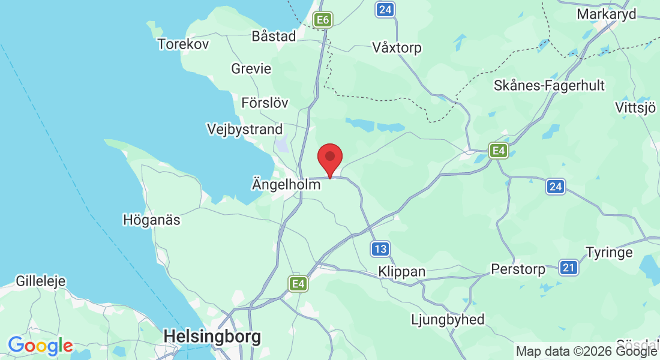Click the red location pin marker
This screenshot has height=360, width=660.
(329, 159)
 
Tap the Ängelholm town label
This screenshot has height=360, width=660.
(286, 185)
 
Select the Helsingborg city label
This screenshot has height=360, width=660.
(212, 337)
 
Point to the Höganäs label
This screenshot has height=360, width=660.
(151, 220)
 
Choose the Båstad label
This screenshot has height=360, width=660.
(274, 36)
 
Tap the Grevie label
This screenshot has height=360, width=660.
(251, 69)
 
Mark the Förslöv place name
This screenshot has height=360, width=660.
(265, 103)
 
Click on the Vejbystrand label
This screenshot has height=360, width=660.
(244, 129)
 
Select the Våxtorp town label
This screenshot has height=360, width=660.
(397, 47)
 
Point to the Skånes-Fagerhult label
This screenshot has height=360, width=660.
(549, 85)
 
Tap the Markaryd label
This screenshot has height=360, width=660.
(606, 14)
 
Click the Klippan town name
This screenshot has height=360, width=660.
(402, 272)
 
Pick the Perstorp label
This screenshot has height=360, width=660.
(518, 269)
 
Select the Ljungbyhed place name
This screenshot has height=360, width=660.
(448, 319)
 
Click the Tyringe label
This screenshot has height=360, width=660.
(609, 252)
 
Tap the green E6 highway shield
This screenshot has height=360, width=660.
(323, 20)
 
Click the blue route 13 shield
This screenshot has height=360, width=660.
(380, 248)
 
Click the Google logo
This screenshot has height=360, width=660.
(40, 346)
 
